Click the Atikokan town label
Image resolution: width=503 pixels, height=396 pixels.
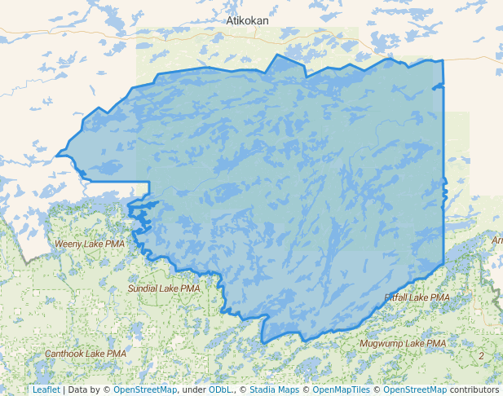(x=248, y=20)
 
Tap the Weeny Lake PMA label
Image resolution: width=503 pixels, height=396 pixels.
(x=90, y=244)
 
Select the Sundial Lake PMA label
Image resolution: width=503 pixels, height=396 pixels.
(x=164, y=288)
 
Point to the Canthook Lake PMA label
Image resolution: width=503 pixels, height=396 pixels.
(x=86, y=354)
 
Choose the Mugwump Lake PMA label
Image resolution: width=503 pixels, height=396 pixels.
(x=403, y=344)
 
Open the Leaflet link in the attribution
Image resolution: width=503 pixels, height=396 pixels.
(x=46, y=389)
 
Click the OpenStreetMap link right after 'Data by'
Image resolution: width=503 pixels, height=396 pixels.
(x=145, y=389)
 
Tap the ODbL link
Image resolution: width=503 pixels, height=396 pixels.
(x=220, y=389)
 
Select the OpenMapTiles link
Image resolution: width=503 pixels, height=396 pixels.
(x=342, y=389)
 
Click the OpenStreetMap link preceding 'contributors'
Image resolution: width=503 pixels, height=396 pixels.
(x=416, y=389)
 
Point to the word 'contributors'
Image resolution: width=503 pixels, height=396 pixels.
(x=474, y=389)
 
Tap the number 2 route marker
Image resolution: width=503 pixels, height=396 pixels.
(x=481, y=356)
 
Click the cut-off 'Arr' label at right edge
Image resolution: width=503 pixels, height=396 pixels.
(x=496, y=240)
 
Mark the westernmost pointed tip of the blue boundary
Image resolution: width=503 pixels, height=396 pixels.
(x=56, y=155)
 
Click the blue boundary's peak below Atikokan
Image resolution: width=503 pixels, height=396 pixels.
(x=278, y=55)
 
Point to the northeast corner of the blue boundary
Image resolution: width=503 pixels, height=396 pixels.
(x=443, y=60)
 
